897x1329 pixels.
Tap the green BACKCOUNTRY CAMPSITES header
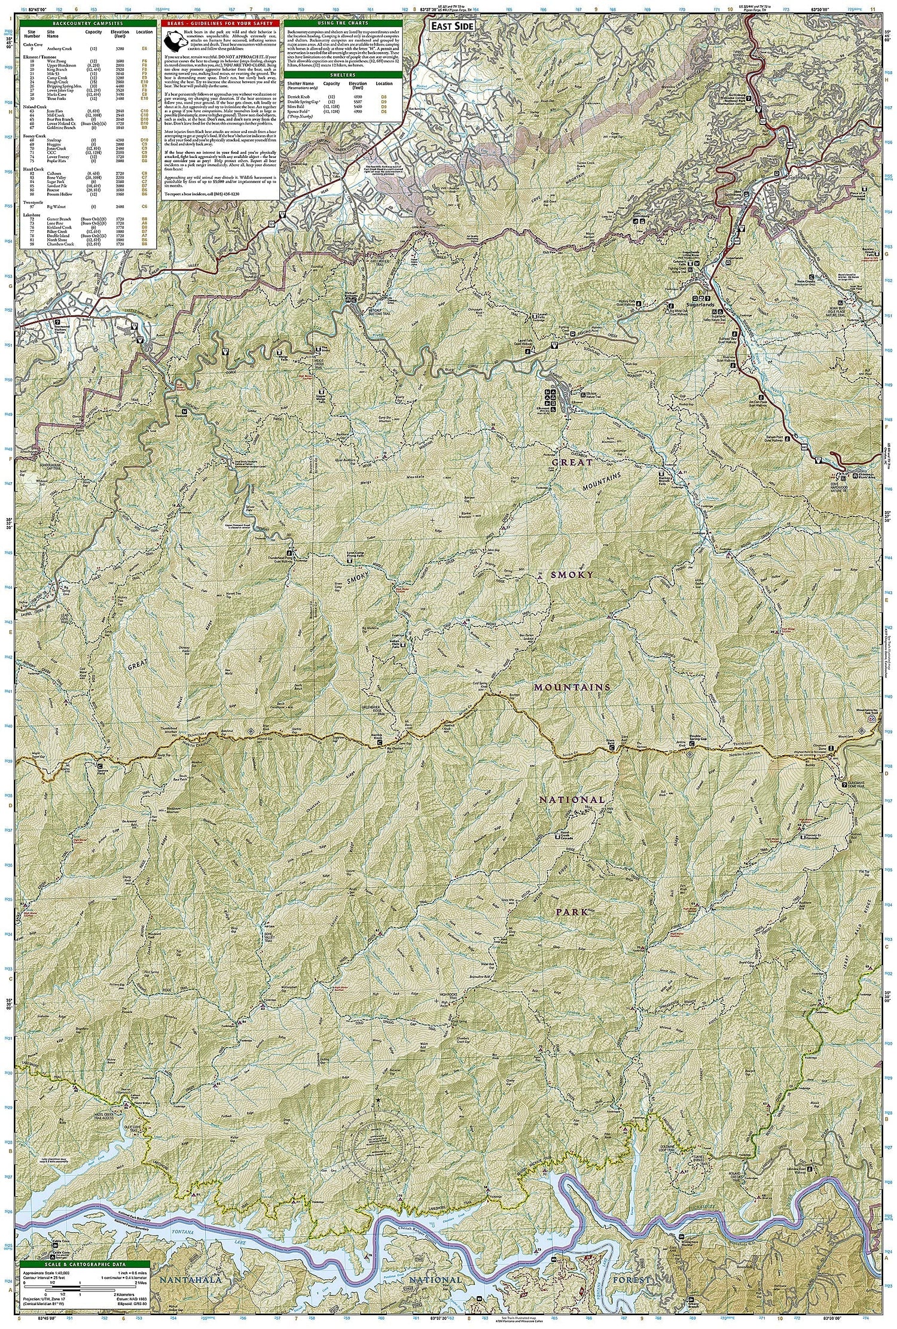[89, 22]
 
